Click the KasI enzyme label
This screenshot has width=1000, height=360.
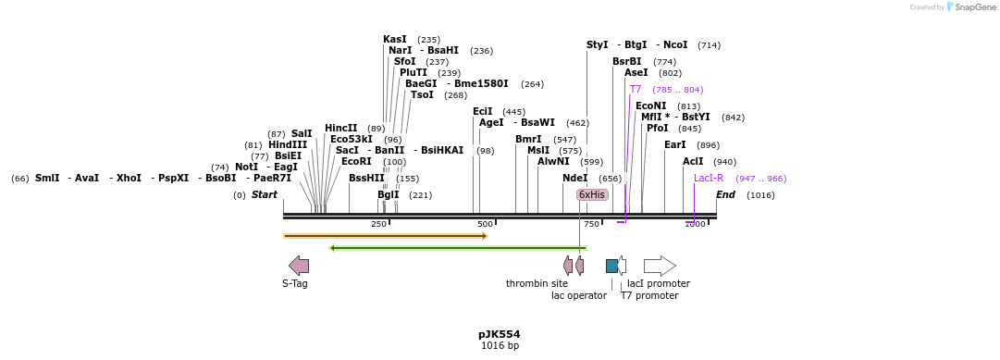tap(395, 40)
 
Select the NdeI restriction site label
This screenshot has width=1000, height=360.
tap(574, 178)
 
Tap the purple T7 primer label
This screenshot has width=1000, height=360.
tap(636, 90)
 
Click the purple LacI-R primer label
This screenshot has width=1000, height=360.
tap(709, 178)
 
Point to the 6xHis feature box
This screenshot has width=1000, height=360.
tap(592, 194)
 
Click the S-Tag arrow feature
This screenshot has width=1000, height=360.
tap(299, 266)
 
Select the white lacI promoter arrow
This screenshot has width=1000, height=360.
tap(660, 266)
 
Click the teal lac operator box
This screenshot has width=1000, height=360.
tap(611, 266)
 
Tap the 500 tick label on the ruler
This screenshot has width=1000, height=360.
tap(485, 225)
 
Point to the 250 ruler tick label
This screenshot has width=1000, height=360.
tap(379, 225)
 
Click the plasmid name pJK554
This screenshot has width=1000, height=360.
tap(500, 334)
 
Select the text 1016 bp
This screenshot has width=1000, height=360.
tap(500, 346)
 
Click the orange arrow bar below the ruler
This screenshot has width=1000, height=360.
tap(385, 236)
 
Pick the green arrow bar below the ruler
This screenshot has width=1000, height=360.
tap(458, 248)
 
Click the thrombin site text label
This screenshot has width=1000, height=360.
tap(537, 284)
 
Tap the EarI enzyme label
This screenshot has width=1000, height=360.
tap(675, 145)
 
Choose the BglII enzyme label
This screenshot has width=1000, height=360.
tap(389, 195)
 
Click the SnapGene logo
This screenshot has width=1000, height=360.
tap(972, 7)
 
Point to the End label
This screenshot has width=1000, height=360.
tap(725, 195)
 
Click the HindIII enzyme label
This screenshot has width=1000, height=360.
tap(288, 145)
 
